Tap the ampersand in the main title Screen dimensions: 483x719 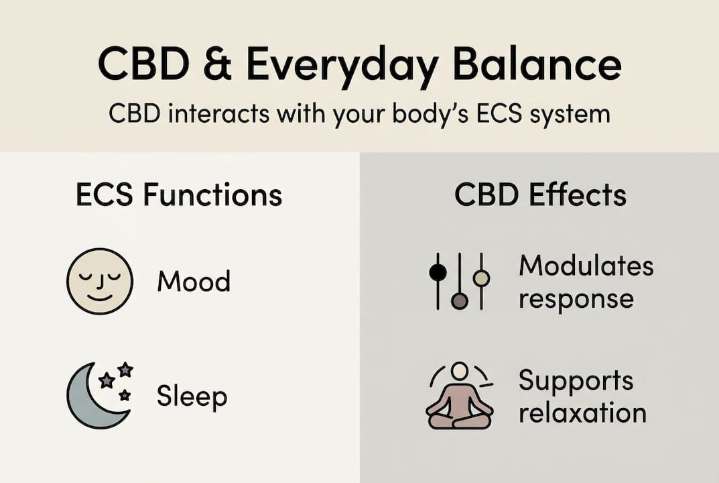222,66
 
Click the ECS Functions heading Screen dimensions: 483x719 179,195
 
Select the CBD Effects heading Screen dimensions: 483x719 540,195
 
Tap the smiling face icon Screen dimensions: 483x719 100,281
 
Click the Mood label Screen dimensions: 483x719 193,282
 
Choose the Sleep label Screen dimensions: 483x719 192,396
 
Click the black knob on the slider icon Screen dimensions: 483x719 438,272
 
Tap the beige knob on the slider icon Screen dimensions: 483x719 481,277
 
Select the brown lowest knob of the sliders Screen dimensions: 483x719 459,301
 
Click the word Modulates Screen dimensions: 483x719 586,266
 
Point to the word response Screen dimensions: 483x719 576,298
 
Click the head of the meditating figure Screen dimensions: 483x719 459,372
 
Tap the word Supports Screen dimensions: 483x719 575,382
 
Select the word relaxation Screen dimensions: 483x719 582,413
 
